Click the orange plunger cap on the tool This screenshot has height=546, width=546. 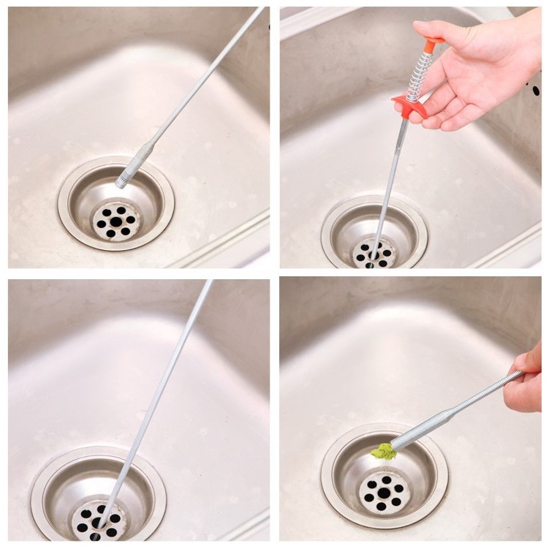pyautogui.click(x=433, y=45)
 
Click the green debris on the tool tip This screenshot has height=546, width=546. pyautogui.click(x=384, y=452)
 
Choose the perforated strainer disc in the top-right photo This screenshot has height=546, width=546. pyautogui.click(x=373, y=254)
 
